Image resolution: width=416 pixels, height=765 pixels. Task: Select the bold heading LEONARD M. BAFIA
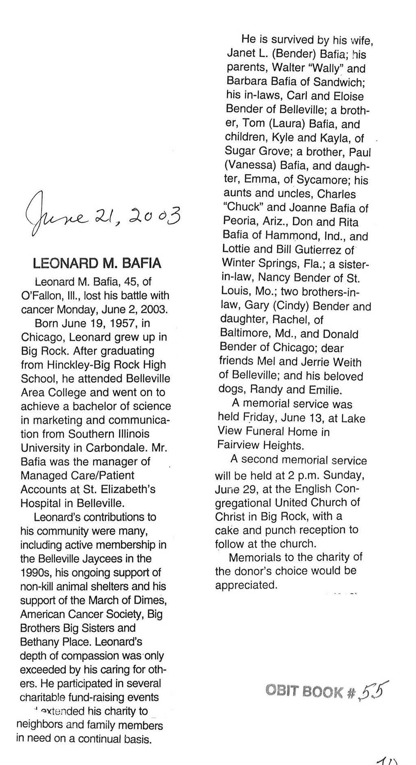tap(97, 263)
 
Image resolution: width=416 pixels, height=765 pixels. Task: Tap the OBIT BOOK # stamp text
tap(309, 691)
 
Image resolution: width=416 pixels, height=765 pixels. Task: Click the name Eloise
tap(346, 96)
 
